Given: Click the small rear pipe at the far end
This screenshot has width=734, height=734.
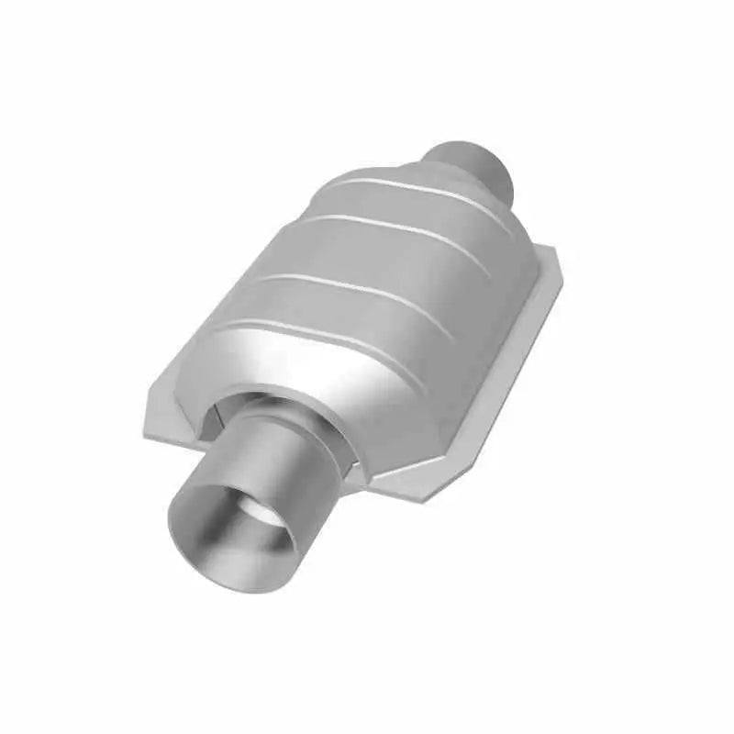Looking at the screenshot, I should pyautogui.click(x=473, y=165).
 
